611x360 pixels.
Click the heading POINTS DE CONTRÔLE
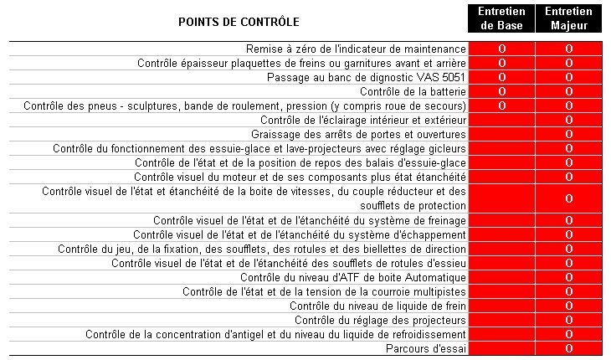click(239, 21)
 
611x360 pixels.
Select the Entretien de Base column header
click(502, 18)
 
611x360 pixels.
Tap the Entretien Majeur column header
click(568, 18)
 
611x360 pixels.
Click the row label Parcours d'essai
click(425, 348)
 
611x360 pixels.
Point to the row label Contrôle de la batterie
click(413, 91)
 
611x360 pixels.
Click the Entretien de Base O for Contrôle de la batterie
click(502, 91)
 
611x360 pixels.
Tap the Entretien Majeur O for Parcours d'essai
click(568, 348)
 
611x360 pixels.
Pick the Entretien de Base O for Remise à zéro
click(502, 49)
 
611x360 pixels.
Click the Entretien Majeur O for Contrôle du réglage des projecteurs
click(568, 320)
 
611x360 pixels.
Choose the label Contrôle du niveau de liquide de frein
click(377, 306)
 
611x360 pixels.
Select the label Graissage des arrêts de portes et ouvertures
click(358, 134)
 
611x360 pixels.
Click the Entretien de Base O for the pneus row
click(502, 105)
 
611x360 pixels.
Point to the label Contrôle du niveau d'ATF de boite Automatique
click(352, 277)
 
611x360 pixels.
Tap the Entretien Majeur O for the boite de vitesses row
click(568, 198)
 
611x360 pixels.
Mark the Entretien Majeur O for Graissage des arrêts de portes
click(568, 134)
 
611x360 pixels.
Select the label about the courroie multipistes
click(324, 291)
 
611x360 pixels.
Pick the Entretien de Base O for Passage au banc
click(502, 77)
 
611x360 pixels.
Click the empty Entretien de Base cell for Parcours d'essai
click(502, 348)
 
